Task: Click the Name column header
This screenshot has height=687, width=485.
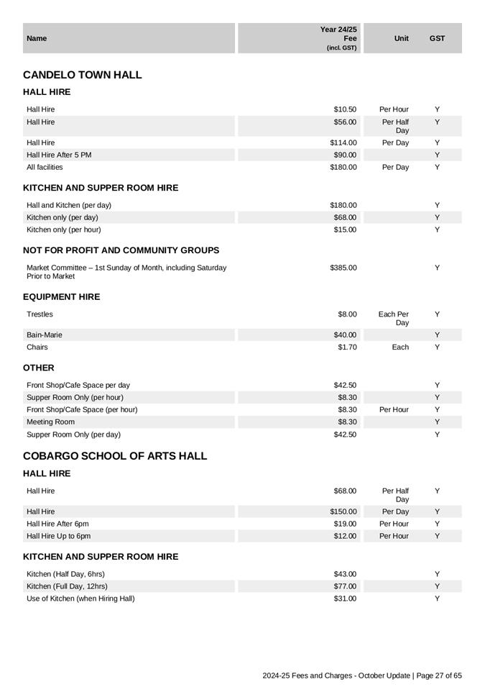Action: (37, 38)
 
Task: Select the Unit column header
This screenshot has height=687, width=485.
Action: (401, 38)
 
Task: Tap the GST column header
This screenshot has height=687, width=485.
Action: (437, 38)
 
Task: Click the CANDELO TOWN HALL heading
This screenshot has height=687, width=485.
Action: (83, 75)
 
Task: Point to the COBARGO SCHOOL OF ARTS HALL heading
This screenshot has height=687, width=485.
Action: (115, 456)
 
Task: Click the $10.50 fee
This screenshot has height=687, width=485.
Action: (345, 109)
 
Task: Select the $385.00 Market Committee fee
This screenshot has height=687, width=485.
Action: (343, 268)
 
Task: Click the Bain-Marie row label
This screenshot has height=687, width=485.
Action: (45, 335)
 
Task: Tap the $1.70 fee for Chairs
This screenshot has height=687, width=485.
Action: (347, 347)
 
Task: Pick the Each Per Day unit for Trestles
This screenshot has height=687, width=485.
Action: (394, 319)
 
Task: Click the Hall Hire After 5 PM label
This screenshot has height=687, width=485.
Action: (59, 155)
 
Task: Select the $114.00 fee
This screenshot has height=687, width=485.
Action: (343, 142)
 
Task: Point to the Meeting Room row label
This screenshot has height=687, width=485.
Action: (50, 422)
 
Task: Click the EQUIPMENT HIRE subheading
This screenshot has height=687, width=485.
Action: (62, 297)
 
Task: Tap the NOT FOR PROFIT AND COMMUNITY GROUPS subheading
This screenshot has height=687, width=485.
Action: (121, 250)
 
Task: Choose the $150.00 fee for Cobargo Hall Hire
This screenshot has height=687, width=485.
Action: (343, 511)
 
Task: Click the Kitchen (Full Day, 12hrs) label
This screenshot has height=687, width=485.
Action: (67, 586)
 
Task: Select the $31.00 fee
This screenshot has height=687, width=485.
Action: (345, 599)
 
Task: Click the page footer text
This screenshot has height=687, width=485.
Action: (362, 676)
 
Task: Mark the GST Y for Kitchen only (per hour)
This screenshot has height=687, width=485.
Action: (437, 229)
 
